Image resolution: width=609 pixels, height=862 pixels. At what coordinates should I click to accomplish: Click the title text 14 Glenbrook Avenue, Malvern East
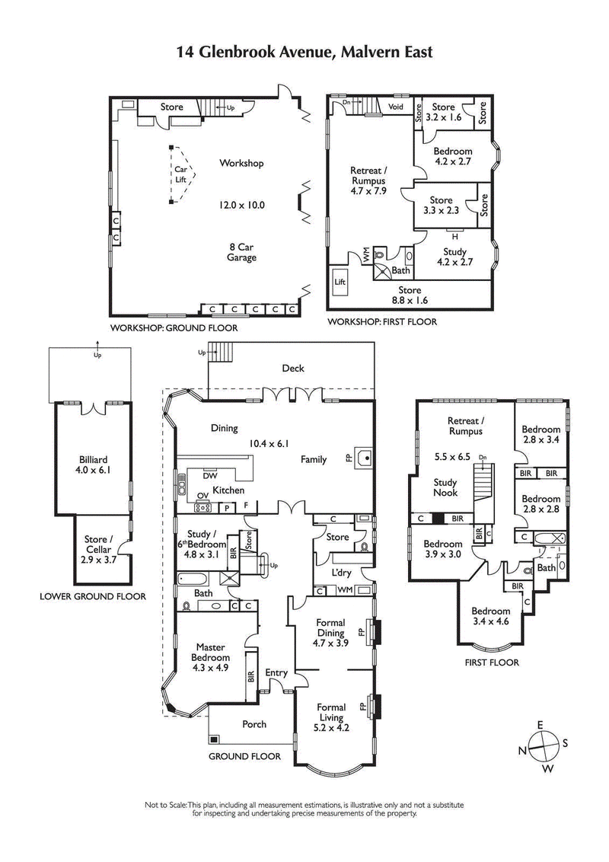point(304,52)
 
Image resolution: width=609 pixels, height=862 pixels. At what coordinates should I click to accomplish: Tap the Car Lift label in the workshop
point(180,174)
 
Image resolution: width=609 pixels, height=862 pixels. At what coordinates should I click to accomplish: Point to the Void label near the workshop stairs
point(396,107)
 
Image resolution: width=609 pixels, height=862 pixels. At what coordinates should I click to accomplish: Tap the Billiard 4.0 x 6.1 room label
point(93,465)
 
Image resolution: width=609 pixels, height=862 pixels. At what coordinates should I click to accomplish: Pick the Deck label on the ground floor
point(293,369)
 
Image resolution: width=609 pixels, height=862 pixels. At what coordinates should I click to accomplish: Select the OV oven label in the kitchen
point(202,496)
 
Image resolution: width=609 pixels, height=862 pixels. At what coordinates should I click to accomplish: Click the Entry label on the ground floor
point(276,672)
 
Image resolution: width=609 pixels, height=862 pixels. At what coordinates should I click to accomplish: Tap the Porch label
point(254,724)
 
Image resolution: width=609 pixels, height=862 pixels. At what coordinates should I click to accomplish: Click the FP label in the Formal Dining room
point(363,631)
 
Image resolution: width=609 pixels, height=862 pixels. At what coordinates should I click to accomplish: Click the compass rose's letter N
point(523,751)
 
